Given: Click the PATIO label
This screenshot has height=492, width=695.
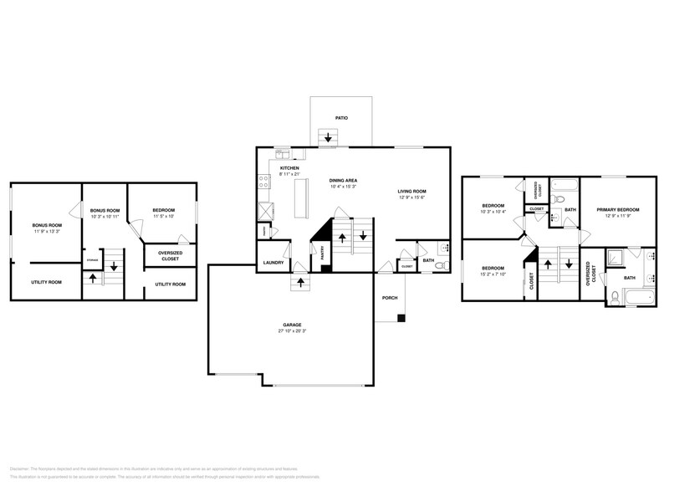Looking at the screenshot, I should (x=341, y=118).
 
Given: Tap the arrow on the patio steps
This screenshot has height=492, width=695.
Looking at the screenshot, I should (x=328, y=137).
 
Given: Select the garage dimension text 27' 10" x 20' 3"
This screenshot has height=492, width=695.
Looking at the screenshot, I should (x=292, y=331).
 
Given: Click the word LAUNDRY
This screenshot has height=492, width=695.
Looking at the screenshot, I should (x=273, y=263).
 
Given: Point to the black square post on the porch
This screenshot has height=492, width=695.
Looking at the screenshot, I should (x=401, y=318).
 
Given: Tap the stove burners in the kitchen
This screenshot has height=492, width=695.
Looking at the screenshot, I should (x=264, y=177).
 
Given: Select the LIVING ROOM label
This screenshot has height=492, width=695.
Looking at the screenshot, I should (x=411, y=192).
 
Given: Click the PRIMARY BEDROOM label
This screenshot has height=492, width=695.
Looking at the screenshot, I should (x=617, y=209).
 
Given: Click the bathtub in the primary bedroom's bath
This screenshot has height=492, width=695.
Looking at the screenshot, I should (x=632, y=297).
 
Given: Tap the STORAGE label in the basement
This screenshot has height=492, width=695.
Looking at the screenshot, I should (x=92, y=261).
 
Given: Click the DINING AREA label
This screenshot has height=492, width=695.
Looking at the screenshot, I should (x=344, y=181).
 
